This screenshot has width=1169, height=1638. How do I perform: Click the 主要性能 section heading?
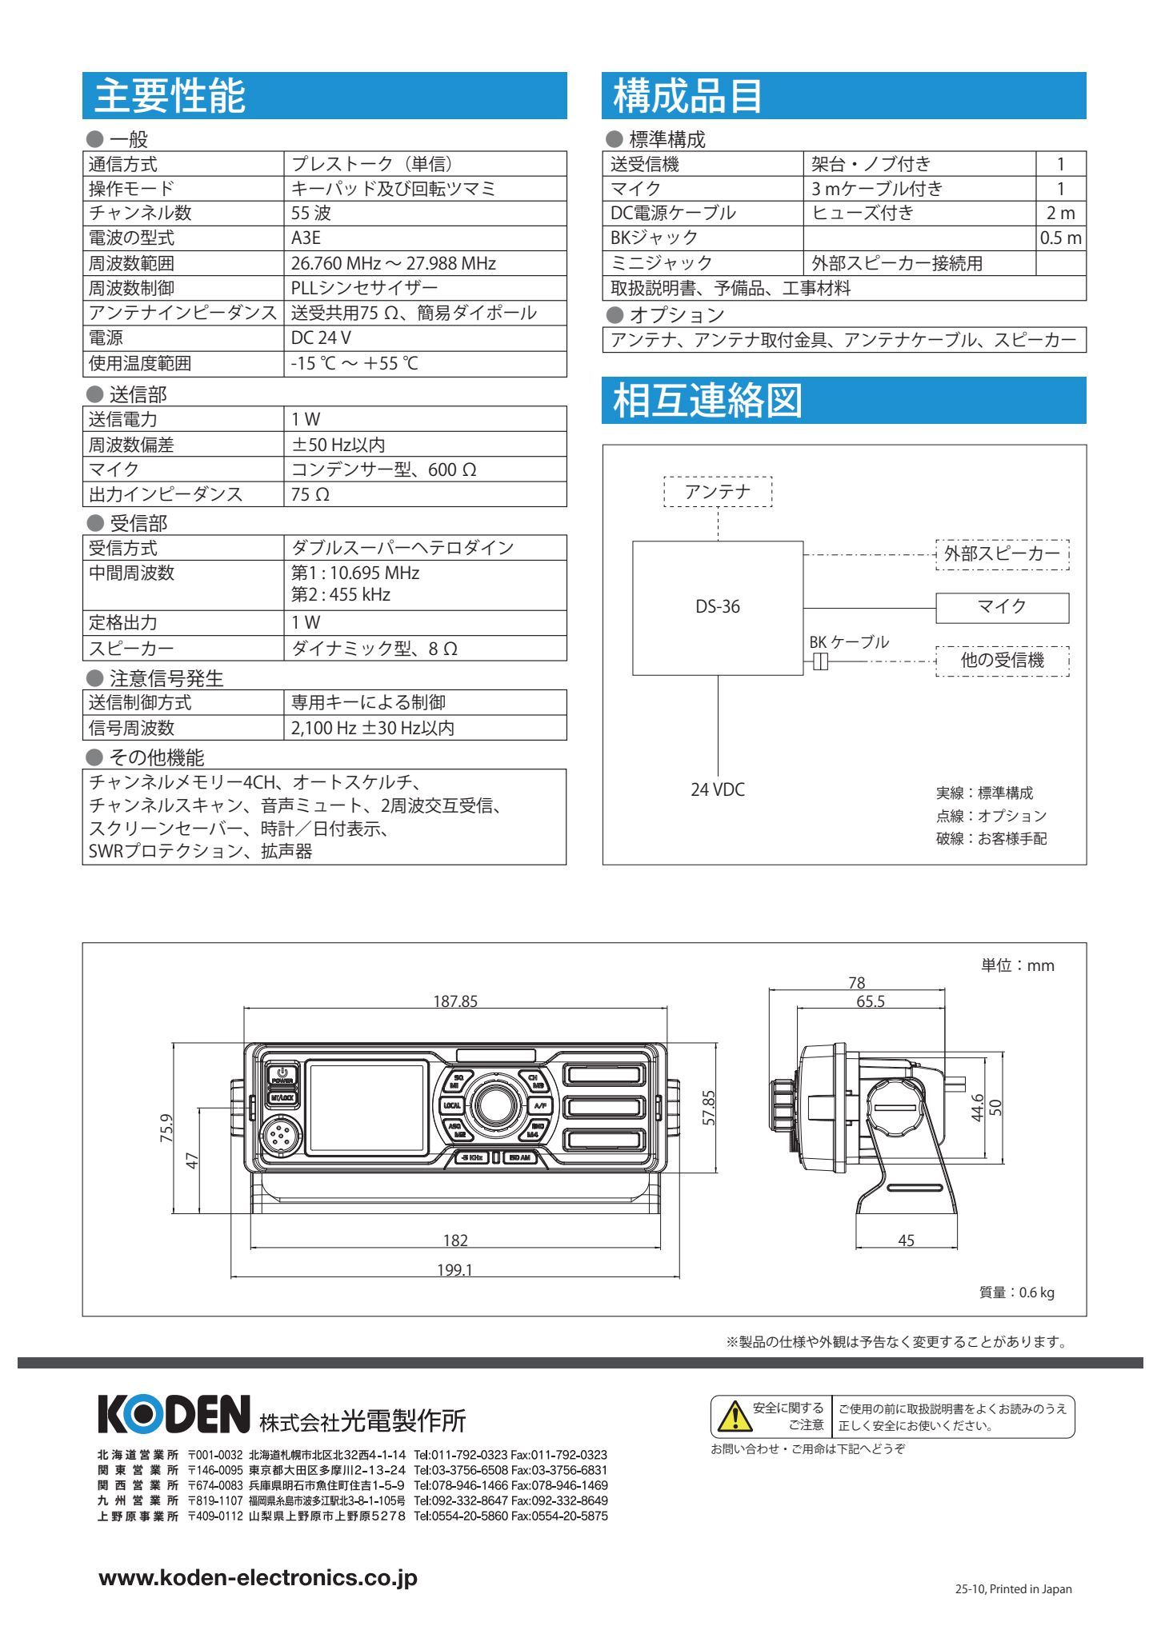(170, 96)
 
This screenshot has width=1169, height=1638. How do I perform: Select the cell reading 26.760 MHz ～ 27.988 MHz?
(393, 263)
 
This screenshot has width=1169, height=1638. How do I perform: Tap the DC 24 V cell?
(321, 338)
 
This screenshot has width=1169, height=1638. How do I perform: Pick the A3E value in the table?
(306, 238)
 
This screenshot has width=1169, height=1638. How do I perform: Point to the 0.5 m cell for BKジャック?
(1060, 238)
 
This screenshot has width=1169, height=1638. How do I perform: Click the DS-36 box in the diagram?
(718, 607)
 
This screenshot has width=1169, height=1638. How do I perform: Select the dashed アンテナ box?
(718, 492)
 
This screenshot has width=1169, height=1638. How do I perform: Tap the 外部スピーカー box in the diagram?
(1002, 553)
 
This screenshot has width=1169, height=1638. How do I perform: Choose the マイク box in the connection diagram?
(1002, 607)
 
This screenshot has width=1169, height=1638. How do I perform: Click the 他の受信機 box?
(1002, 661)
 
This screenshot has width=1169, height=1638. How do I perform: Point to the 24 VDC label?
(718, 789)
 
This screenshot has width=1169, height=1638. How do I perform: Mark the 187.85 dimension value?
(455, 1001)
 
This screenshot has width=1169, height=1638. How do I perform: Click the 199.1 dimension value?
(454, 1270)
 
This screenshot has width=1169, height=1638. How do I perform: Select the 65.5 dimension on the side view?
(871, 1001)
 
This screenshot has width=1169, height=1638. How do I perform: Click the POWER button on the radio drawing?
(282, 1075)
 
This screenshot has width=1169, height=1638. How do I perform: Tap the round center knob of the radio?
(496, 1105)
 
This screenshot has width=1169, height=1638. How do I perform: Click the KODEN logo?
(174, 1414)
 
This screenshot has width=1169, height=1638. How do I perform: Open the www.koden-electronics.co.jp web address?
(258, 1577)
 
